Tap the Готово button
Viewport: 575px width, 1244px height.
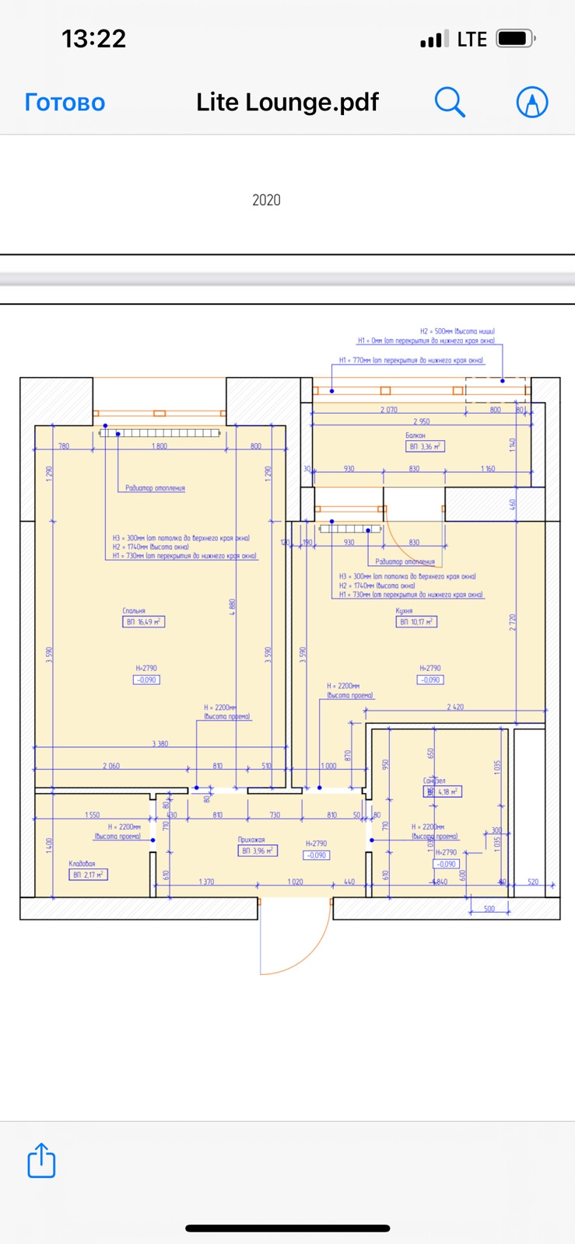(x=65, y=102)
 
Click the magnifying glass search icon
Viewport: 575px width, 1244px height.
(x=449, y=102)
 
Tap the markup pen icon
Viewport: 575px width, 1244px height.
(x=532, y=102)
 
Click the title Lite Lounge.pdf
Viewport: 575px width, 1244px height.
(x=287, y=102)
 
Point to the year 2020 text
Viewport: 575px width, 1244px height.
(x=266, y=200)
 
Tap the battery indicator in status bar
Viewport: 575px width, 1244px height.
(x=515, y=38)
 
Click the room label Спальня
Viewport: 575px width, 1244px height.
(x=134, y=611)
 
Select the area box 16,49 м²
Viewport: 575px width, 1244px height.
(x=144, y=622)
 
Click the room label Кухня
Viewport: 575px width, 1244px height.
(x=404, y=611)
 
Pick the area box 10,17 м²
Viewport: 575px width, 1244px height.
(x=416, y=622)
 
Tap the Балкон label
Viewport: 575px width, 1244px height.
(x=415, y=436)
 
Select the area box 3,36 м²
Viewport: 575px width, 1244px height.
(x=426, y=447)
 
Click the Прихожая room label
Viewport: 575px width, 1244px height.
(x=251, y=840)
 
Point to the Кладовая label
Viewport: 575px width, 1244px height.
(x=82, y=864)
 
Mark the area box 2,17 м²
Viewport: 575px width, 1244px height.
(x=89, y=875)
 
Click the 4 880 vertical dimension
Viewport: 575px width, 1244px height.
(x=233, y=606)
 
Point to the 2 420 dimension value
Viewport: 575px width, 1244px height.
(x=455, y=707)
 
